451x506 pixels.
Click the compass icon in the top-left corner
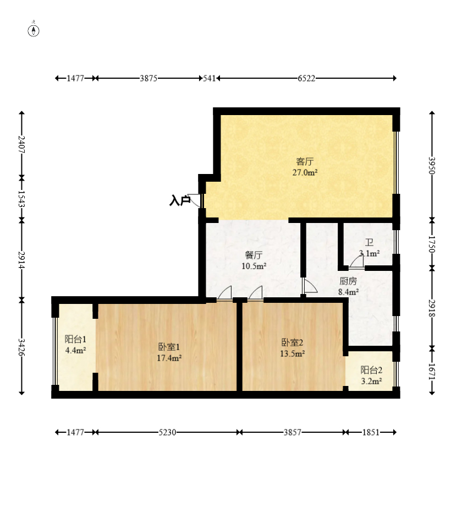click(34, 30)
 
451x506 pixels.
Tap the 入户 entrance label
click(180, 200)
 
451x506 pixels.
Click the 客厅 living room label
click(305, 161)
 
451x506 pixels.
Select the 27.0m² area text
click(305, 172)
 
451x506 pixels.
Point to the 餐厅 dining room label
click(254, 255)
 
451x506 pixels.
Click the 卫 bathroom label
click(369, 242)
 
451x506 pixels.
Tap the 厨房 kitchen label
click(348, 281)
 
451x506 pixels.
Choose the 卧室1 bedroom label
click(169, 347)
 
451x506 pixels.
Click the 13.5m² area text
click(292, 353)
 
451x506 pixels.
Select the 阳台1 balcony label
click(75, 339)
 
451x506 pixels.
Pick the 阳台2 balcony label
click(371, 370)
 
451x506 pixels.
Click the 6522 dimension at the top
click(306, 78)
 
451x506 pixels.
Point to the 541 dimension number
click(209, 78)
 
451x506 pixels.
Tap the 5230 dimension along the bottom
click(167, 432)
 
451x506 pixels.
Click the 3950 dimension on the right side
click(432, 166)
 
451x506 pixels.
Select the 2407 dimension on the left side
click(21, 145)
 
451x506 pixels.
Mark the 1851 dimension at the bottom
click(371, 432)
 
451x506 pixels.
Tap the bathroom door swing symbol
click(356, 262)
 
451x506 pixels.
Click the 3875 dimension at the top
click(148, 78)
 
